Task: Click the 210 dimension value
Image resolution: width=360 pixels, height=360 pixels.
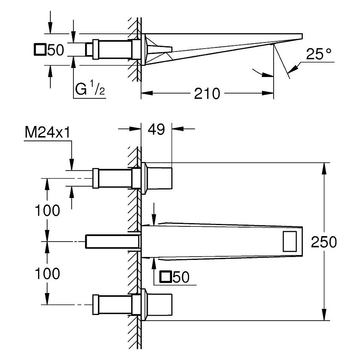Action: pos(207,93)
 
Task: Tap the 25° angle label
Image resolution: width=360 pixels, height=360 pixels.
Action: pos(319,54)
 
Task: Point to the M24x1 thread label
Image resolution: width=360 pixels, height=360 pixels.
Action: pos(47,132)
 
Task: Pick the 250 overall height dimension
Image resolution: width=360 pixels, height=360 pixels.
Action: pos(324,242)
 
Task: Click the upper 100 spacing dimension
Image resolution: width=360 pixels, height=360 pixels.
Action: pos(47,210)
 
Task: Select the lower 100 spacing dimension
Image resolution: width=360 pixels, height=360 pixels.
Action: pos(47,274)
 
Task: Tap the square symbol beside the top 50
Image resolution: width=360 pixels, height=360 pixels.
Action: pos(40,49)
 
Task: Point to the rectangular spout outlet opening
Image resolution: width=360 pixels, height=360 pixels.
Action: pos(290,241)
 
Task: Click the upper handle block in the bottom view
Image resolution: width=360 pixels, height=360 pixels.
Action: pos(159,179)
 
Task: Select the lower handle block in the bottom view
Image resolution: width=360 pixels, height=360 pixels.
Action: pos(159,305)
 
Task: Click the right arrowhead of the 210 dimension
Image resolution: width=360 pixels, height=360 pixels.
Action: pos(268,93)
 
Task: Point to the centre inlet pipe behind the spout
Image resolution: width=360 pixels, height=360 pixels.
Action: pos(112,241)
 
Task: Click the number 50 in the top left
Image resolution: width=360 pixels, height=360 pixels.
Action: pos(56,50)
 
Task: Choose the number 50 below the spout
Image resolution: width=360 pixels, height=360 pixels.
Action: pos(181,277)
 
